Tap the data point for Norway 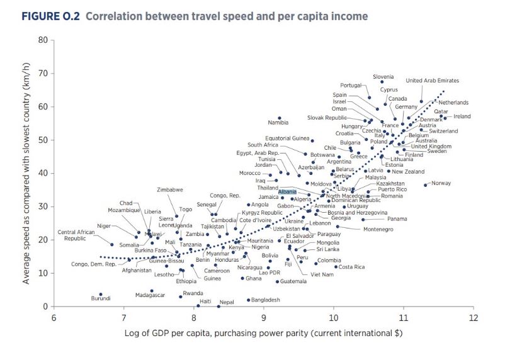coord(426,185)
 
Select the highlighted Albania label coord(287,191)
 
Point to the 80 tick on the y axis coord(43,40)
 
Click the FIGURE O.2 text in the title coord(50,16)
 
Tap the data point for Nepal coord(218,306)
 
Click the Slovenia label coord(383,77)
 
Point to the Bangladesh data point coord(248,300)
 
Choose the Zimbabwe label coord(170,189)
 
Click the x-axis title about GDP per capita coord(264,332)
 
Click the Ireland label coord(462,116)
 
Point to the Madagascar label coord(150,295)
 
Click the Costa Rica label coord(351,267)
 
